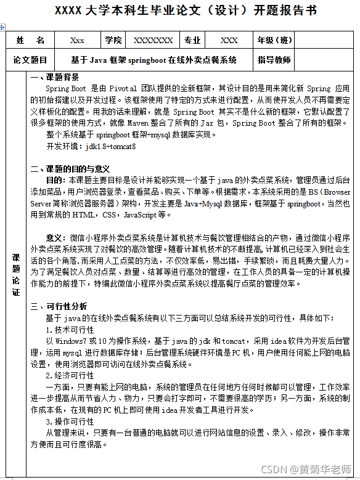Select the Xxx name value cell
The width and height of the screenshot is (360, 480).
tap(78, 41)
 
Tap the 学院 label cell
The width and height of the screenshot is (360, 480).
tap(113, 41)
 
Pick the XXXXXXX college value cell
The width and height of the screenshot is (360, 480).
tap(153, 41)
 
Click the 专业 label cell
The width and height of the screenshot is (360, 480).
tap(192, 41)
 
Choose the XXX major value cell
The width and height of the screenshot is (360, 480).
tap(229, 41)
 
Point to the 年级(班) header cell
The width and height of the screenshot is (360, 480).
tap(275, 41)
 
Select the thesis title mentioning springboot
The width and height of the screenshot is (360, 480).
tap(154, 60)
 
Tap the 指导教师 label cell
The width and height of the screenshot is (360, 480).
tap(274, 60)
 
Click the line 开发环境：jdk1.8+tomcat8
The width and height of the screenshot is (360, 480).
tap(91, 147)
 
